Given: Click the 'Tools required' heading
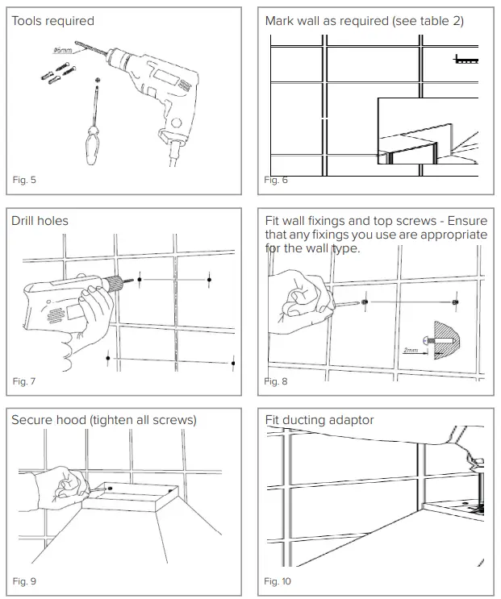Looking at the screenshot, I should (52, 21).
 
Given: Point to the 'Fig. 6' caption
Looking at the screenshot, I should (276, 180).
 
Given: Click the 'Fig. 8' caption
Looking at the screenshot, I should (276, 381).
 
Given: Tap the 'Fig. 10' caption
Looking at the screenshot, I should (278, 580).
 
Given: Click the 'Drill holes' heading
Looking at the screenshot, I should (40, 221).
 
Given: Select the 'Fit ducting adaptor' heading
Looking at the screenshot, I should (319, 420).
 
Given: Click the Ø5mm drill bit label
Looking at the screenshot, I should (63, 50).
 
